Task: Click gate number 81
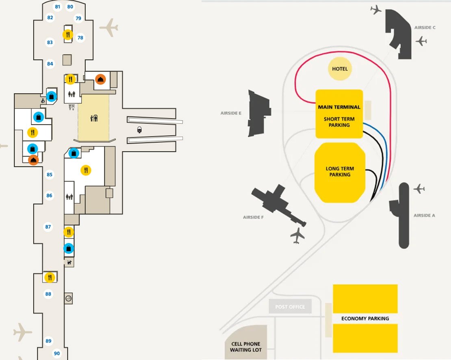pos(57,7)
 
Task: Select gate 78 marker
pos(80,38)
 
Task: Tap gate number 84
pos(50,64)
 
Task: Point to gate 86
pos(50,196)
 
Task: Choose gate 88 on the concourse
pos(48,294)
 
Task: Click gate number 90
pos(57,354)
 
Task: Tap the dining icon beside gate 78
pos(68,34)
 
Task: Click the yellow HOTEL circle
pos(340,69)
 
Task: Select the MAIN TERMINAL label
pos(339,107)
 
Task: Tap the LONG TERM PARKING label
pos(340,172)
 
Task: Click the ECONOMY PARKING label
pos(365,319)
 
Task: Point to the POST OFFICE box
pos(290,307)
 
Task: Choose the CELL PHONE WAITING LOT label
pos(246,347)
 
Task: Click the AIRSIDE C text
pos(425,28)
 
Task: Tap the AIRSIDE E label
pos(231,113)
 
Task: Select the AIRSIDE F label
pos(254,217)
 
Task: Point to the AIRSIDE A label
pos(424,215)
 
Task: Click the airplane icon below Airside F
pos(298,235)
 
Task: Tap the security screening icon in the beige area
pos(94,119)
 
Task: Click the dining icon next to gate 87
pos(69,232)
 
